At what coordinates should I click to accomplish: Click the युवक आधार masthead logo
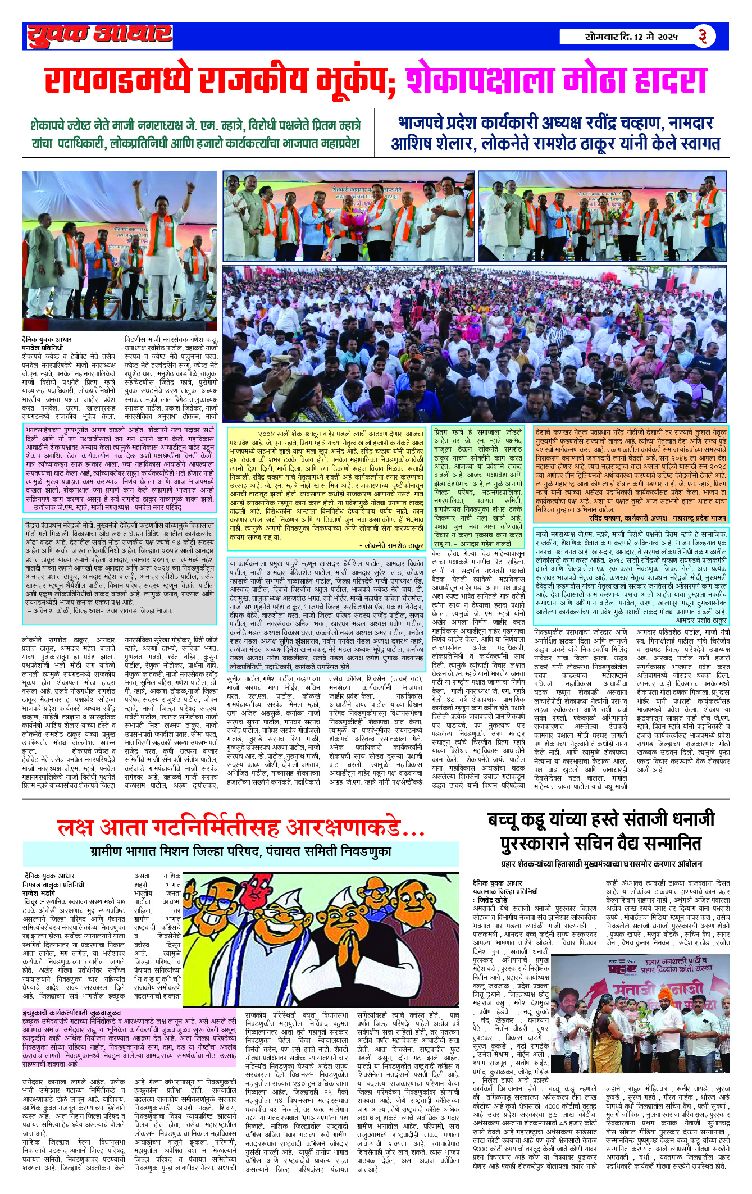[99, 36]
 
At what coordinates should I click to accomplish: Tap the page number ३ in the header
[702, 37]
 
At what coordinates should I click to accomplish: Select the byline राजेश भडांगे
[39, 893]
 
